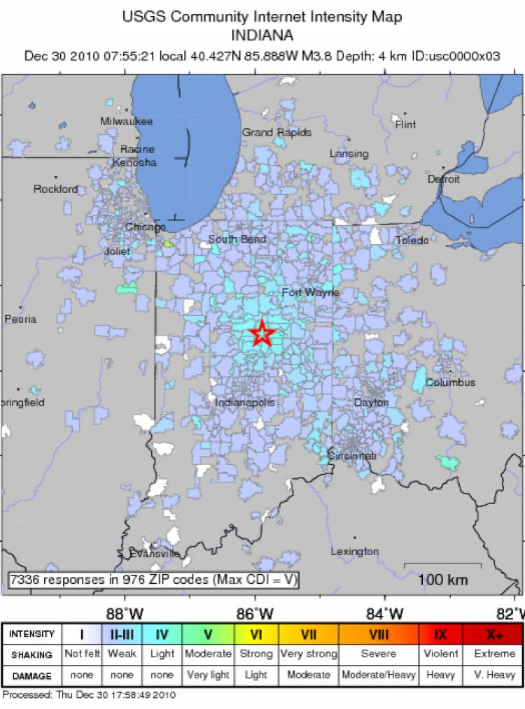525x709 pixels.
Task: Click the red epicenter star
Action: click(261, 334)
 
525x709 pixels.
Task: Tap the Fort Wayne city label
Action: click(310, 292)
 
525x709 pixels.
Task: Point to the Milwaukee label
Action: click(126, 121)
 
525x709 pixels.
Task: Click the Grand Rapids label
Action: click(276, 132)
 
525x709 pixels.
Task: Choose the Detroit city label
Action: click(444, 179)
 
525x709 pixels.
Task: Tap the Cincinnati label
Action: click(352, 456)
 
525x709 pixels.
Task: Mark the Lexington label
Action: click(354, 552)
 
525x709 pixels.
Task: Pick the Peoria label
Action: click(20, 319)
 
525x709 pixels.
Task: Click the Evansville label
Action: click(155, 554)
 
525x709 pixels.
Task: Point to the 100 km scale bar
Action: click(443, 564)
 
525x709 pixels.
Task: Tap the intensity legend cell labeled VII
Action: click(309, 634)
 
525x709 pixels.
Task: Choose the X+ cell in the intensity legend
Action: click(495, 634)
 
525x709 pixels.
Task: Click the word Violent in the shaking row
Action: click(441, 654)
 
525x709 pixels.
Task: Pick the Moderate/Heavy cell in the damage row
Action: click(379, 675)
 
